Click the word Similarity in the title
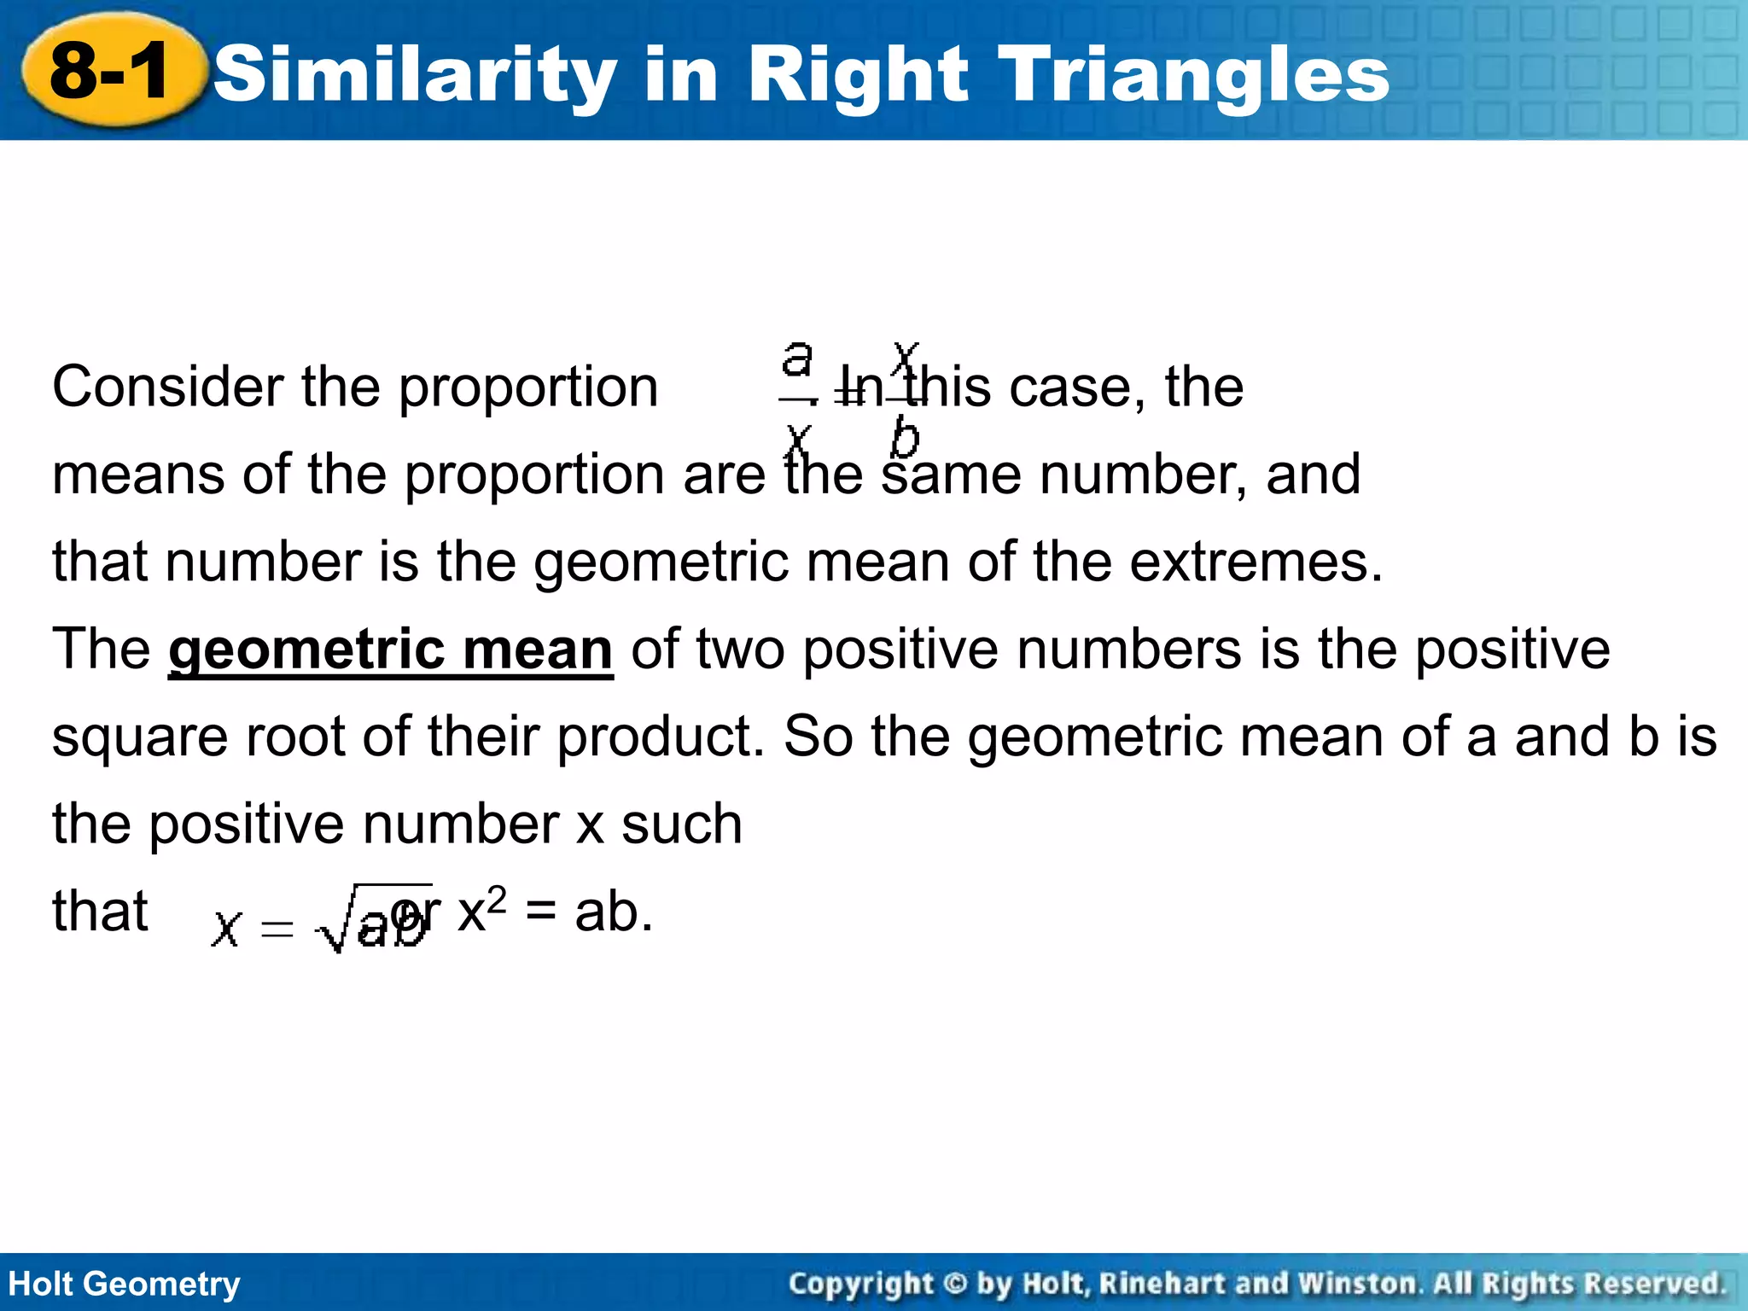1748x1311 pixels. [415, 75]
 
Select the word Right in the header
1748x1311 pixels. [858, 75]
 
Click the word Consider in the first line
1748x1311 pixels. [167, 387]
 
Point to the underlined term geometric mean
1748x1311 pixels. [391, 650]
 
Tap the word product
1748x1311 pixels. [661, 737]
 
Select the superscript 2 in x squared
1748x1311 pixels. [497, 898]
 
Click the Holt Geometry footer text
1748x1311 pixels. [125, 1284]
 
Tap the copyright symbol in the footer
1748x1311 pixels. [956, 1284]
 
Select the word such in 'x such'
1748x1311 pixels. [681, 824]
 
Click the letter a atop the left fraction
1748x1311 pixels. [797, 358]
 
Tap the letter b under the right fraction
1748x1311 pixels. [905, 439]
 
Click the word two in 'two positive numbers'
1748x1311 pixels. [740, 650]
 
